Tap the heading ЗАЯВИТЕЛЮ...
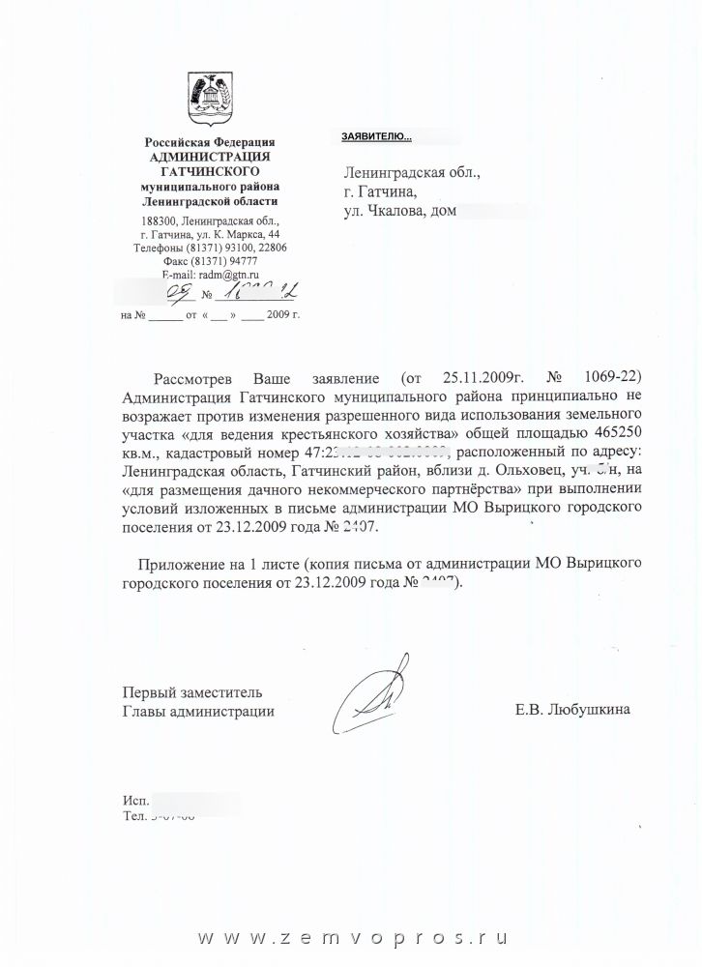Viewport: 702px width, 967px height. (x=376, y=137)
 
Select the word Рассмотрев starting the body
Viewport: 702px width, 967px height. (x=196, y=376)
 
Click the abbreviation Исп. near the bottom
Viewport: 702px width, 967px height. (x=135, y=802)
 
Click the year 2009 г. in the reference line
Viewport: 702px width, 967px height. (x=280, y=315)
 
